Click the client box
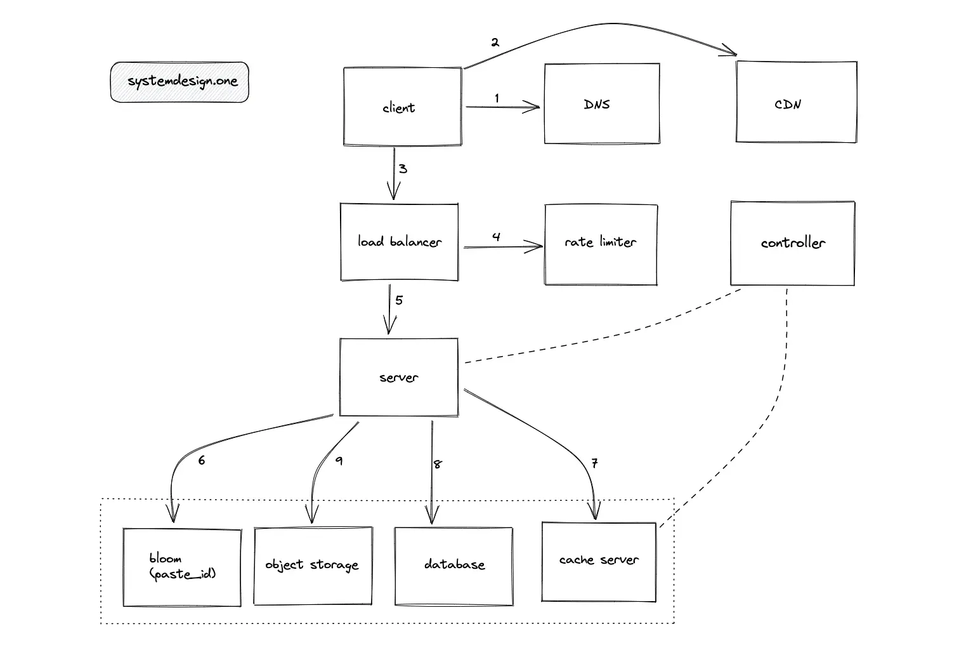pyautogui.click(x=402, y=107)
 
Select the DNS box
pyautogui.click(x=601, y=103)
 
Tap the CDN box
pyautogui.click(x=796, y=102)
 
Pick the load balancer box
pyautogui.click(x=399, y=242)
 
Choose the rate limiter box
pyautogui.click(x=600, y=244)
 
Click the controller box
pyautogui.click(x=792, y=243)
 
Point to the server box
pyautogui.click(x=398, y=377)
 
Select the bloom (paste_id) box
pyautogui.click(x=182, y=567)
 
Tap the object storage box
pyautogui.click(x=313, y=566)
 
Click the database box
pyautogui.click(x=453, y=566)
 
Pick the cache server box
pyautogui.click(x=599, y=561)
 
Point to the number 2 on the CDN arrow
pyautogui.click(x=495, y=43)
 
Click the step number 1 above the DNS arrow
pyautogui.click(x=497, y=98)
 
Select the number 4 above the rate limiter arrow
pyautogui.click(x=496, y=237)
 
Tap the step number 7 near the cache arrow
pyautogui.click(x=594, y=463)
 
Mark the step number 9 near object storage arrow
pyautogui.click(x=339, y=461)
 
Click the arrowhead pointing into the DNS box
pyautogui.click(x=535, y=107)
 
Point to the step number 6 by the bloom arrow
pyautogui.click(x=201, y=461)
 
